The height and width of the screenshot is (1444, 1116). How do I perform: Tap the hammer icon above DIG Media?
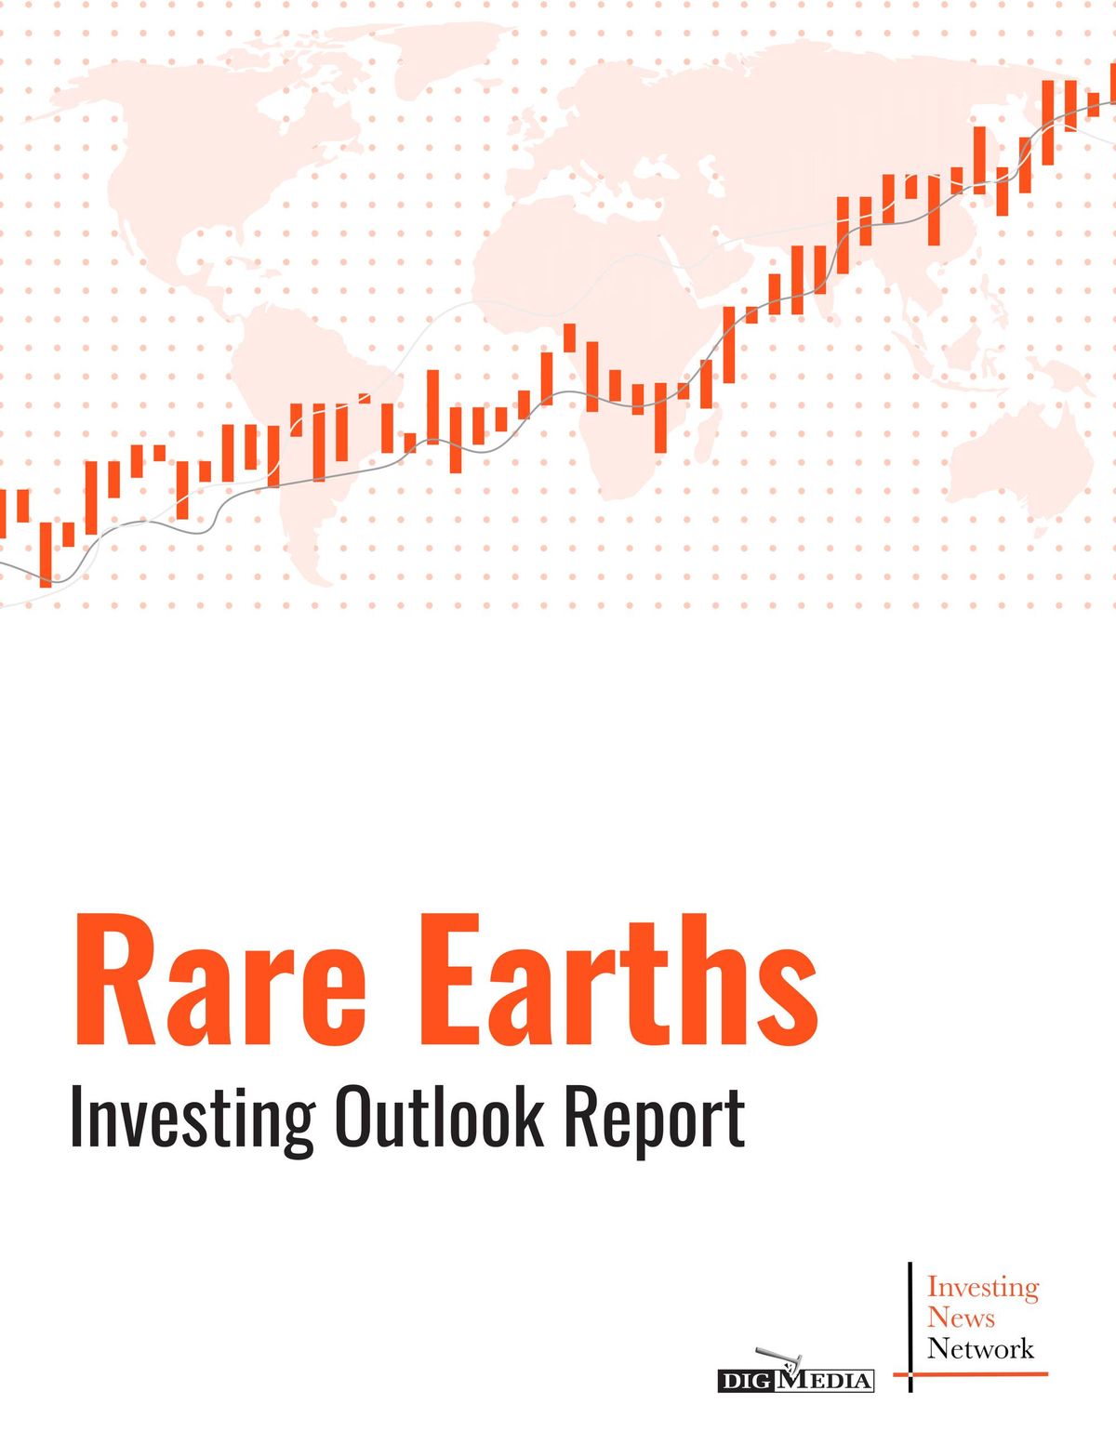(x=773, y=1358)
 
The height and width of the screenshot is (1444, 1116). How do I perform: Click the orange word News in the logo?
(x=961, y=1318)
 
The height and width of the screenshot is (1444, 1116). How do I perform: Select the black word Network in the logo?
(x=980, y=1348)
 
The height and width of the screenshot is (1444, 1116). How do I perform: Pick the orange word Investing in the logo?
(x=983, y=1287)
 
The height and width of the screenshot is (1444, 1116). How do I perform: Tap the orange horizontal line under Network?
(x=971, y=1373)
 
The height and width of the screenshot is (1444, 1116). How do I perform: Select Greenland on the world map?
(x=446, y=56)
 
